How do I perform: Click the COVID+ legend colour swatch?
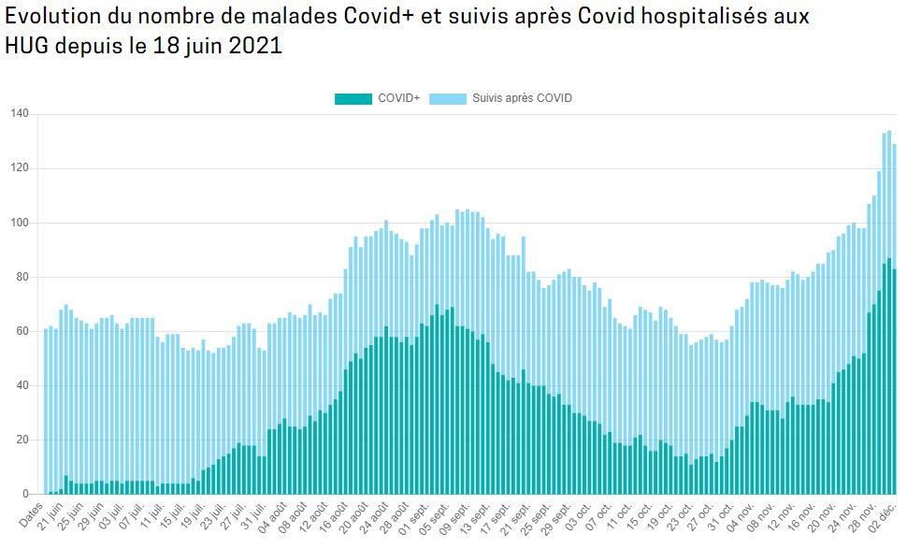(353, 98)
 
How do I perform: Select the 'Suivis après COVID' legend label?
(522, 98)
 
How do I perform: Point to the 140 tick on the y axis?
(20, 114)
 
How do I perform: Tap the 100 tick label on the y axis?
(20, 223)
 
